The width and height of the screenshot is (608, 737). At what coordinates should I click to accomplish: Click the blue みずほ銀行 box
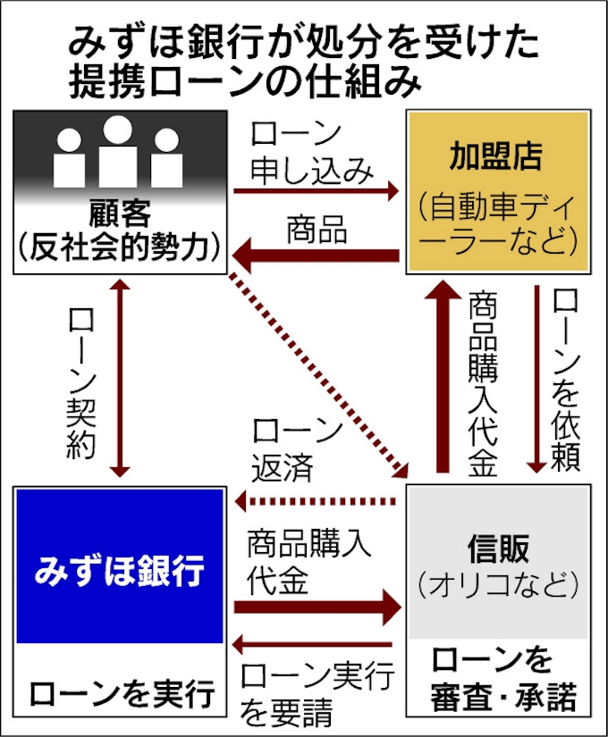(x=120, y=565)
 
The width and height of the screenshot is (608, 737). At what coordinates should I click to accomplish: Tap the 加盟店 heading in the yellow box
(x=497, y=156)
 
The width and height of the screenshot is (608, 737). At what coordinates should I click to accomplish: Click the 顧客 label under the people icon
(x=120, y=214)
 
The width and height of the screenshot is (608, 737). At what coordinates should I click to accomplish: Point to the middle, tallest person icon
(x=117, y=151)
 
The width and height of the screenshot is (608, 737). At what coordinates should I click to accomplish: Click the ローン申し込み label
(x=311, y=152)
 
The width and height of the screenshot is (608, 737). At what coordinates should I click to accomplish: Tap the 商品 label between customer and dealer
(x=317, y=230)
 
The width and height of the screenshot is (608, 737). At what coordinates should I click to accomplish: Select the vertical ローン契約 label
(x=81, y=383)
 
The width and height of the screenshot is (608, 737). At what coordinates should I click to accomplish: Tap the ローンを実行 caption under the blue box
(x=122, y=693)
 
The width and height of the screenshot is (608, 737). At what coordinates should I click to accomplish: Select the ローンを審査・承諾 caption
(x=502, y=679)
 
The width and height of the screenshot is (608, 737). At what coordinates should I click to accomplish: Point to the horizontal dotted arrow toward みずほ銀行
(x=316, y=501)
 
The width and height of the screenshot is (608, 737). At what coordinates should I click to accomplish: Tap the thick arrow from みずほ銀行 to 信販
(x=317, y=607)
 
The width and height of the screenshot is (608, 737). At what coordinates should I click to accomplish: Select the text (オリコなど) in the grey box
(x=498, y=584)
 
